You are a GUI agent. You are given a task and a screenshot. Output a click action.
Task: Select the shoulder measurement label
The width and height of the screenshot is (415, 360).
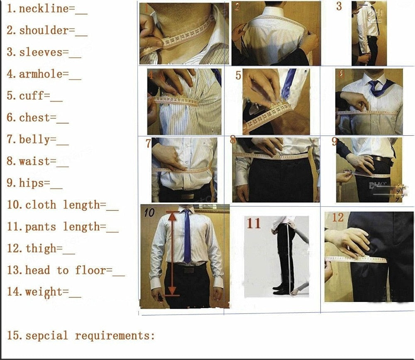[x=44, y=31]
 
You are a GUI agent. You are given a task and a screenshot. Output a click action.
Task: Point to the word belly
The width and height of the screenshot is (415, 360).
[x=34, y=140]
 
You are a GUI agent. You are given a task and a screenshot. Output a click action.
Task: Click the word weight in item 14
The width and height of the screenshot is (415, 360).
[x=44, y=292]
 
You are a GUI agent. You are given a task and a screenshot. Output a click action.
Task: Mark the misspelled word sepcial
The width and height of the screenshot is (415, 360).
[x=46, y=336]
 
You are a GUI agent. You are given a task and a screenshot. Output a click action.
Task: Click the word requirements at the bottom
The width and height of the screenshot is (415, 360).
[x=115, y=336]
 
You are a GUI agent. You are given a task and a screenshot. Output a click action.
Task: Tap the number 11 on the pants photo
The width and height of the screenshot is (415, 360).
[x=254, y=223]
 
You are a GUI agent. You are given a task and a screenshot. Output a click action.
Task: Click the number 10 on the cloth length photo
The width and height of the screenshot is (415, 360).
[x=149, y=213]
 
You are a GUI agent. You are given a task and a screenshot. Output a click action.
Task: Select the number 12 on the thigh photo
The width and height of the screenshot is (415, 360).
[x=338, y=217]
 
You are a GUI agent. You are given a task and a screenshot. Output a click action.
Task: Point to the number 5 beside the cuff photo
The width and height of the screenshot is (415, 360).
[x=238, y=76]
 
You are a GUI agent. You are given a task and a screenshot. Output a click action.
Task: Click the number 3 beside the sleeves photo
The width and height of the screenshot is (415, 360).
[x=339, y=7]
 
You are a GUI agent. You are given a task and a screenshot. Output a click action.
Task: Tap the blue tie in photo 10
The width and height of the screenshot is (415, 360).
[x=187, y=237]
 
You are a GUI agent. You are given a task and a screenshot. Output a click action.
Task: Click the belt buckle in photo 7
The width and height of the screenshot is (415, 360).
[x=188, y=196]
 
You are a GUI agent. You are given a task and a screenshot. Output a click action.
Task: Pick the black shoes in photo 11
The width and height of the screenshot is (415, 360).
[x=283, y=289]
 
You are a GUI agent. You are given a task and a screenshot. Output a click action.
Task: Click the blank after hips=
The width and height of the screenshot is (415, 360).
[x=56, y=184]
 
